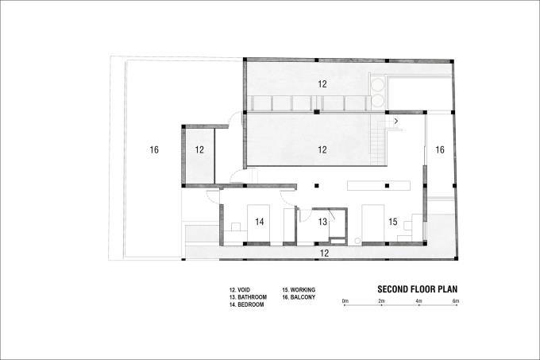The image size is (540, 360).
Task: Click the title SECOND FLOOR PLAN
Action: click(418, 289)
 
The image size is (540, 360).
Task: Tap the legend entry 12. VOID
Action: click(240, 290)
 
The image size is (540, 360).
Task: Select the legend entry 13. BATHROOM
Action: click(248, 297)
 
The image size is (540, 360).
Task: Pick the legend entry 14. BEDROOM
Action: click(247, 304)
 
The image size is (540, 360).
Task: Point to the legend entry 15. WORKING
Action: click(299, 290)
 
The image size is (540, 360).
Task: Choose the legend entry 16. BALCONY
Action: click(299, 297)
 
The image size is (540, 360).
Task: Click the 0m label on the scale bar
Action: click(345, 301)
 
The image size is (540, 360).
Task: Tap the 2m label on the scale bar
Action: click(381, 301)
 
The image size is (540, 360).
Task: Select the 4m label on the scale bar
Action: click(418, 301)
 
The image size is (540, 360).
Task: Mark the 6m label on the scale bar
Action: click(456, 301)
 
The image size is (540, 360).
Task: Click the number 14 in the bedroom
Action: click(260, 222)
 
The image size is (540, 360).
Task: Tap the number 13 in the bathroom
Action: click(322, 222)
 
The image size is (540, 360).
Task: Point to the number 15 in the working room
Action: click(393, 222)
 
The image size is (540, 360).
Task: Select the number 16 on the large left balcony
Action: click(154, 150)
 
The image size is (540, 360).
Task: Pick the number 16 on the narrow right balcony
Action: click(440, 150)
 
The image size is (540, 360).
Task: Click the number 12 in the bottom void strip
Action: click(324, 254)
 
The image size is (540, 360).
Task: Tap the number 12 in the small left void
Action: click(199, 150)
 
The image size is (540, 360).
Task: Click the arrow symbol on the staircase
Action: click(396, 122)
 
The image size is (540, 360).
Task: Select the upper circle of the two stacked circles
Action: click(377, 85)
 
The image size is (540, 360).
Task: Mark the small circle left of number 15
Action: click(357, 241)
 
